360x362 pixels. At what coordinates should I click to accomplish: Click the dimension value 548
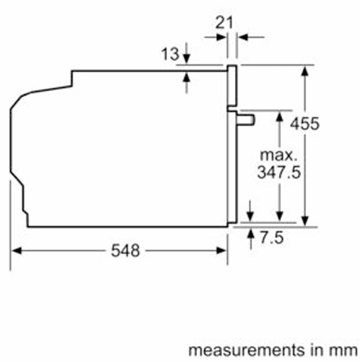125,250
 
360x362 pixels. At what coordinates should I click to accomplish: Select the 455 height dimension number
305,124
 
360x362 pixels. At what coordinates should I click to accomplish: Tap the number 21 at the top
224,23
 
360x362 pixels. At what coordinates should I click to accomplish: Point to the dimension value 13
171,54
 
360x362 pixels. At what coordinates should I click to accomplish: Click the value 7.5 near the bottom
271,238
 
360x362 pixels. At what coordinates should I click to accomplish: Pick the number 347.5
279,172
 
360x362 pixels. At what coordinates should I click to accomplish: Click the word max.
278,155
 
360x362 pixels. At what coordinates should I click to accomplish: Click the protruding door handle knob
246,120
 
